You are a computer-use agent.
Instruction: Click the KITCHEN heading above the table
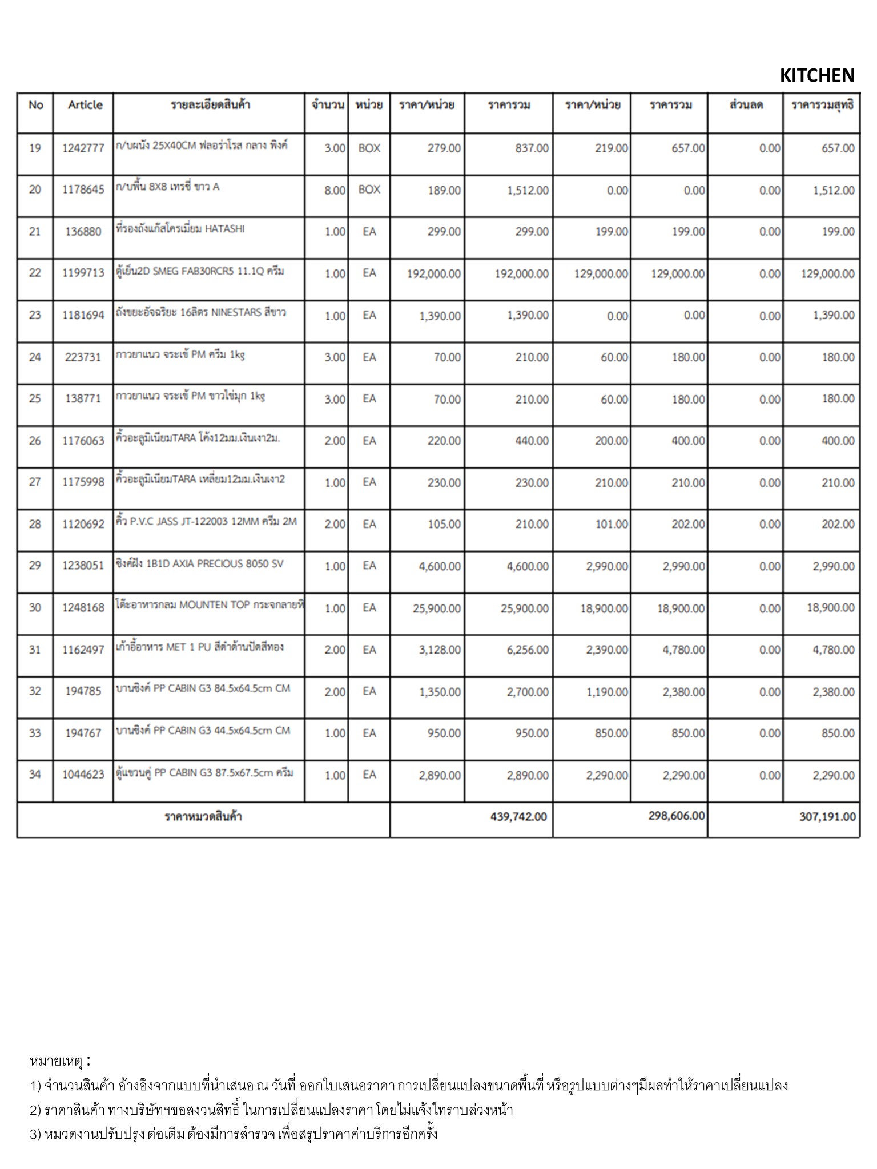click(816, 75)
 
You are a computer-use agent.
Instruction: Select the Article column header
click(85, 105)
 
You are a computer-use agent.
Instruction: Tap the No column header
click(35, 105)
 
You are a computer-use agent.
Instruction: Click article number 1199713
click(83, 273)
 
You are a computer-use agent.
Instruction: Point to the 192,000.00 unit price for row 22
click(433, 274)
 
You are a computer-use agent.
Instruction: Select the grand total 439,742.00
click(518, 817)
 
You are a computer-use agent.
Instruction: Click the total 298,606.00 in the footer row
click(676, 816)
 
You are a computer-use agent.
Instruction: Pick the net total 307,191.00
click(827, 817)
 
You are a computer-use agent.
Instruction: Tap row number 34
click(35, 775)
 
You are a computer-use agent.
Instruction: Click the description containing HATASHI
click(180, 229)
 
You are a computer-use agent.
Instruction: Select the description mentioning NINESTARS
click(200, 313)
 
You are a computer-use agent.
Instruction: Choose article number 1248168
click(83, 608)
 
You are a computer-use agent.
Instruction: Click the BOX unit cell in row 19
click(369, 148)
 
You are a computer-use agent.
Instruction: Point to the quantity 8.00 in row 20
click(335, 190)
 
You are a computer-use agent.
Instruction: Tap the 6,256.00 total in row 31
click(528, 650)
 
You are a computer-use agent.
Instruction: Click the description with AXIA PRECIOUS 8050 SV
click(199, 564)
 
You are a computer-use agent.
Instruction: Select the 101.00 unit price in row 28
click(611, 525)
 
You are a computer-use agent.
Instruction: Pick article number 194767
click(83, 733)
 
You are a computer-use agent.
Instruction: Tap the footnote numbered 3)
click(234, 1134)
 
